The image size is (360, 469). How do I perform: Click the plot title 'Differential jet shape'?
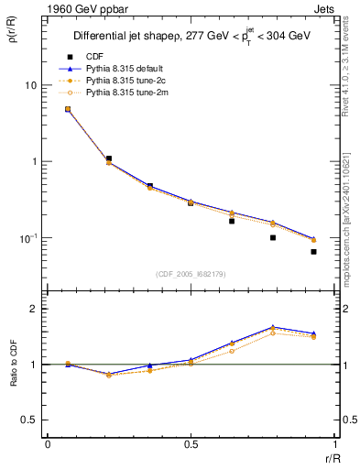pos(127,36)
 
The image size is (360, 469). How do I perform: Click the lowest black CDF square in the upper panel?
pos(313,251)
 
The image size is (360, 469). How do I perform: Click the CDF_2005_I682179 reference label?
pos(189,272)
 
